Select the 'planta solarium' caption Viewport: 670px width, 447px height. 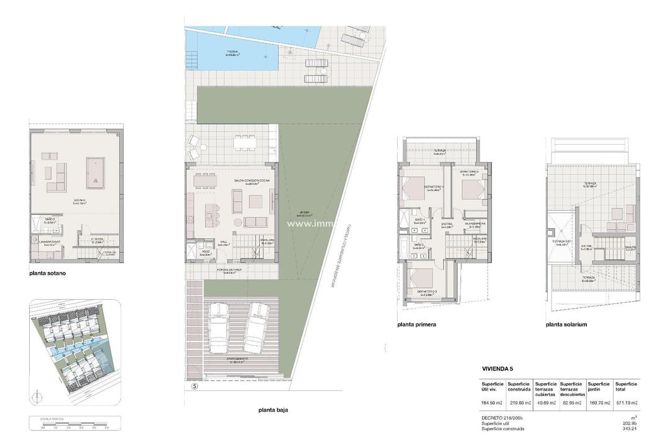(x=566, y=324)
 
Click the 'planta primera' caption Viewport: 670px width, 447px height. (x=416, y=324)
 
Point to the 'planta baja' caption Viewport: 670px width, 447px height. (x=274, y=410)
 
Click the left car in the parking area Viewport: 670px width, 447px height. (x=220, y=327)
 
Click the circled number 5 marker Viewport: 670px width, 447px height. (x=194, y=386)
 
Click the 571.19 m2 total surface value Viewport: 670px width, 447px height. (x=627, y=403)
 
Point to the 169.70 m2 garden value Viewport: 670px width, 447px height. (x=599, y=403)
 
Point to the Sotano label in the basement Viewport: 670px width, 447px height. (x=79, y=201)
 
